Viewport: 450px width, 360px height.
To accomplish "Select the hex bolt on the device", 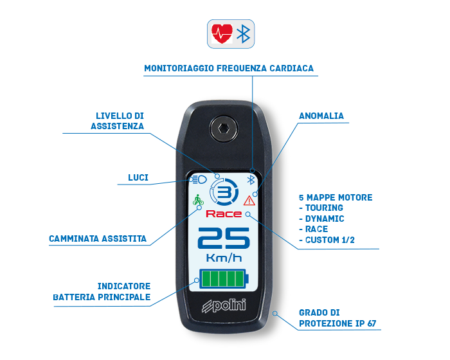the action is [x=224, y=129].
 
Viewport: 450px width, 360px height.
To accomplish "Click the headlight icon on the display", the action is [x=198, y=180].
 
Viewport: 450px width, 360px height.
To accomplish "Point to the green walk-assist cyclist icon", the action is [x=198, y=199].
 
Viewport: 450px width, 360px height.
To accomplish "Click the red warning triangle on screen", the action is [x=249, y=201].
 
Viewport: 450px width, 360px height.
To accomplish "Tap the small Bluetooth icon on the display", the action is [x=251, y=180].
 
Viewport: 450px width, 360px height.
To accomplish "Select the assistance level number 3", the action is [x=224, y=192].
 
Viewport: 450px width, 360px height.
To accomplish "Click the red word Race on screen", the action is [x=224, y=214].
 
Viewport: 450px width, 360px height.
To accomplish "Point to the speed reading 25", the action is [x=224, y=238].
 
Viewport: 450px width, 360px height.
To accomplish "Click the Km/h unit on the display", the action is [x=224, y=258].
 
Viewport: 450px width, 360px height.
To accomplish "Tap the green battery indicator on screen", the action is [x=224, y=278].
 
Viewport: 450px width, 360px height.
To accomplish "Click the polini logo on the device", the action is [x=224, y=305].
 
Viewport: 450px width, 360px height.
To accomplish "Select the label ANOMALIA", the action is [x=321, y=116].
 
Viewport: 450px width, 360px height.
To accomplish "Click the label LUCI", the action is [x=138, y=177].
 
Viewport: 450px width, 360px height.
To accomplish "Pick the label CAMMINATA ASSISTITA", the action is [x=98, y=239].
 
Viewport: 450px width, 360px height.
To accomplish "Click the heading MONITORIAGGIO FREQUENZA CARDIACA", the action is [x=229, y=68].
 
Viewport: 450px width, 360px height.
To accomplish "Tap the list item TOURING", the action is [x=324, y=208].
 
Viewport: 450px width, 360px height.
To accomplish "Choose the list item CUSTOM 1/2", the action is [x=330, y=240].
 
